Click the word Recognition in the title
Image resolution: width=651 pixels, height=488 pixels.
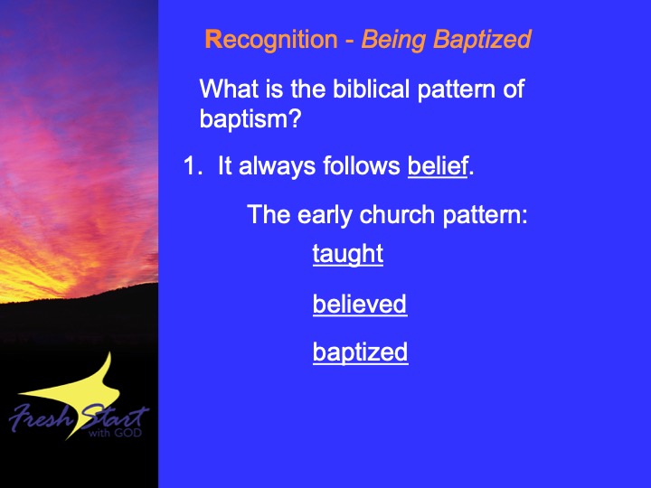pyautogui.click(x=271, y=41)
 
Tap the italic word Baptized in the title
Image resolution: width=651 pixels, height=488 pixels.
pyautogui.click(x=482, y=41)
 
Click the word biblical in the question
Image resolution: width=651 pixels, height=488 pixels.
pyautogui.click(x=372, y=89)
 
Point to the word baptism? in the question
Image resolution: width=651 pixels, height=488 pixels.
pyautogui.click(x=250, y=119)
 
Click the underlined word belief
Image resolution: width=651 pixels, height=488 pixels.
pyautogui.click(x=438, y=166)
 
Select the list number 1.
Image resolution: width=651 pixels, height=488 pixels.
pyautogui.click(x=193, y=166)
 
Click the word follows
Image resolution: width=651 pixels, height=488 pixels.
pyautogui.click(x=362, y=166)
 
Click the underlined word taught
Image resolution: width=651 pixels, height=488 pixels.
pyautogui.click(x=348, y=254)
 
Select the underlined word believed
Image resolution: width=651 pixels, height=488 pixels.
pyautogui.click(x=360, y=305)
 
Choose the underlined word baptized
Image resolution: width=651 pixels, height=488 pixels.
pyautogui.click(x=361, y=352)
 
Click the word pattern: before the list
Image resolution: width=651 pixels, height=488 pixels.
pyautogui.click(x=485, y=215)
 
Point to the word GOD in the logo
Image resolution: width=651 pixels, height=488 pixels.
pyautogui.click(x=128, y=433)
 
